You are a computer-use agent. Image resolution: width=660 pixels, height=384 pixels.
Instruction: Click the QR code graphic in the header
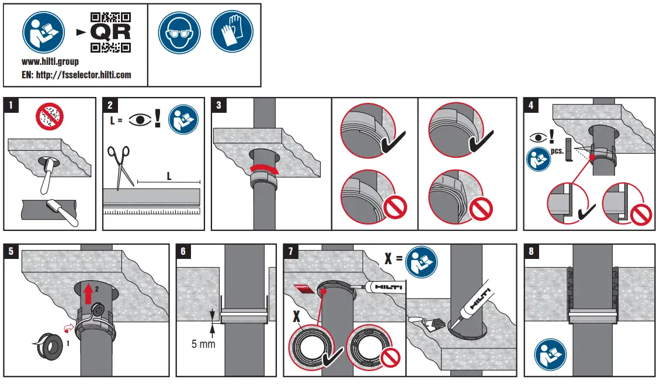pos(110,32)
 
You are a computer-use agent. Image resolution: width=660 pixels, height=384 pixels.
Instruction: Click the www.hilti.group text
pos(50,61)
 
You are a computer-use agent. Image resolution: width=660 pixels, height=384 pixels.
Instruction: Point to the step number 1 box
pos(11,105)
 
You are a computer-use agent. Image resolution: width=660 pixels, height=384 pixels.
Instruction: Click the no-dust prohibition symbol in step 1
pos(50,117)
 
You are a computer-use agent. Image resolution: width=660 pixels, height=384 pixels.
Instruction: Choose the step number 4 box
pos(531,105)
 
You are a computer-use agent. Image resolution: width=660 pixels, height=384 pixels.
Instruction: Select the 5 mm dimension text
pos(203,344)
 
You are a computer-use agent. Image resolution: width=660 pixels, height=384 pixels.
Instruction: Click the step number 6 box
pos(183,252)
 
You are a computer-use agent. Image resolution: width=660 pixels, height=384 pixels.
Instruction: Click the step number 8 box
pos(531,252)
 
